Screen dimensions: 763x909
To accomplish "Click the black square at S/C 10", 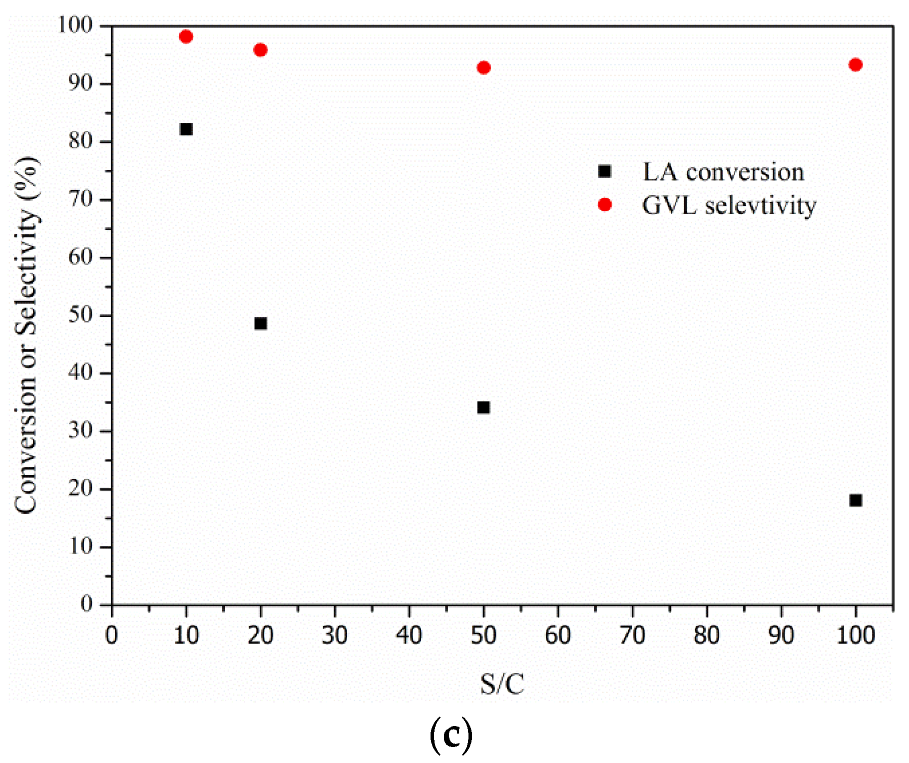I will [186, 129].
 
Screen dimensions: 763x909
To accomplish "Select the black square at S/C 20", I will [260, 324].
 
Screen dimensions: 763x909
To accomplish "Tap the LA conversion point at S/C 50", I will [483, 407].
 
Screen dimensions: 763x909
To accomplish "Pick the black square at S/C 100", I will [856, 500].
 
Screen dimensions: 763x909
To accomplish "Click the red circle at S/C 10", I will [186, 36].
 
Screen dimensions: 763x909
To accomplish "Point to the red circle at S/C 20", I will [260, 50].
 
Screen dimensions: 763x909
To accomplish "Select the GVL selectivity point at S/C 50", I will [483, 67].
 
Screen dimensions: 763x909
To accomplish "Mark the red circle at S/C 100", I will [856, 64].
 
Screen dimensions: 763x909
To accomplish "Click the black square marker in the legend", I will [605, 171].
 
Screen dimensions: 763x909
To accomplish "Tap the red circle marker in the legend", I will [605, 205].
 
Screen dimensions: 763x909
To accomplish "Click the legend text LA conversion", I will [723, 172].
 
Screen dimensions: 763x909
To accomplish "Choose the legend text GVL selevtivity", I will [729, 206].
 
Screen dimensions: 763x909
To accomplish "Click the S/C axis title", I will [502, 684].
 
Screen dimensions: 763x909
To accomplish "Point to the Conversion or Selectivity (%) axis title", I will [26, 335].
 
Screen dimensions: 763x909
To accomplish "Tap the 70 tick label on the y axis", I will [81, 199].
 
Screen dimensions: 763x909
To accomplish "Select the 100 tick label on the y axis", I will [75, 25].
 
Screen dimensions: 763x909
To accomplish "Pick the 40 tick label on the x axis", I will [409, 636].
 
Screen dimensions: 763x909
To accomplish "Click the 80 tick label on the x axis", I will [707, 636].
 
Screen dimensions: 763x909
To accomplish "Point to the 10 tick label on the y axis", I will [81, 546].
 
